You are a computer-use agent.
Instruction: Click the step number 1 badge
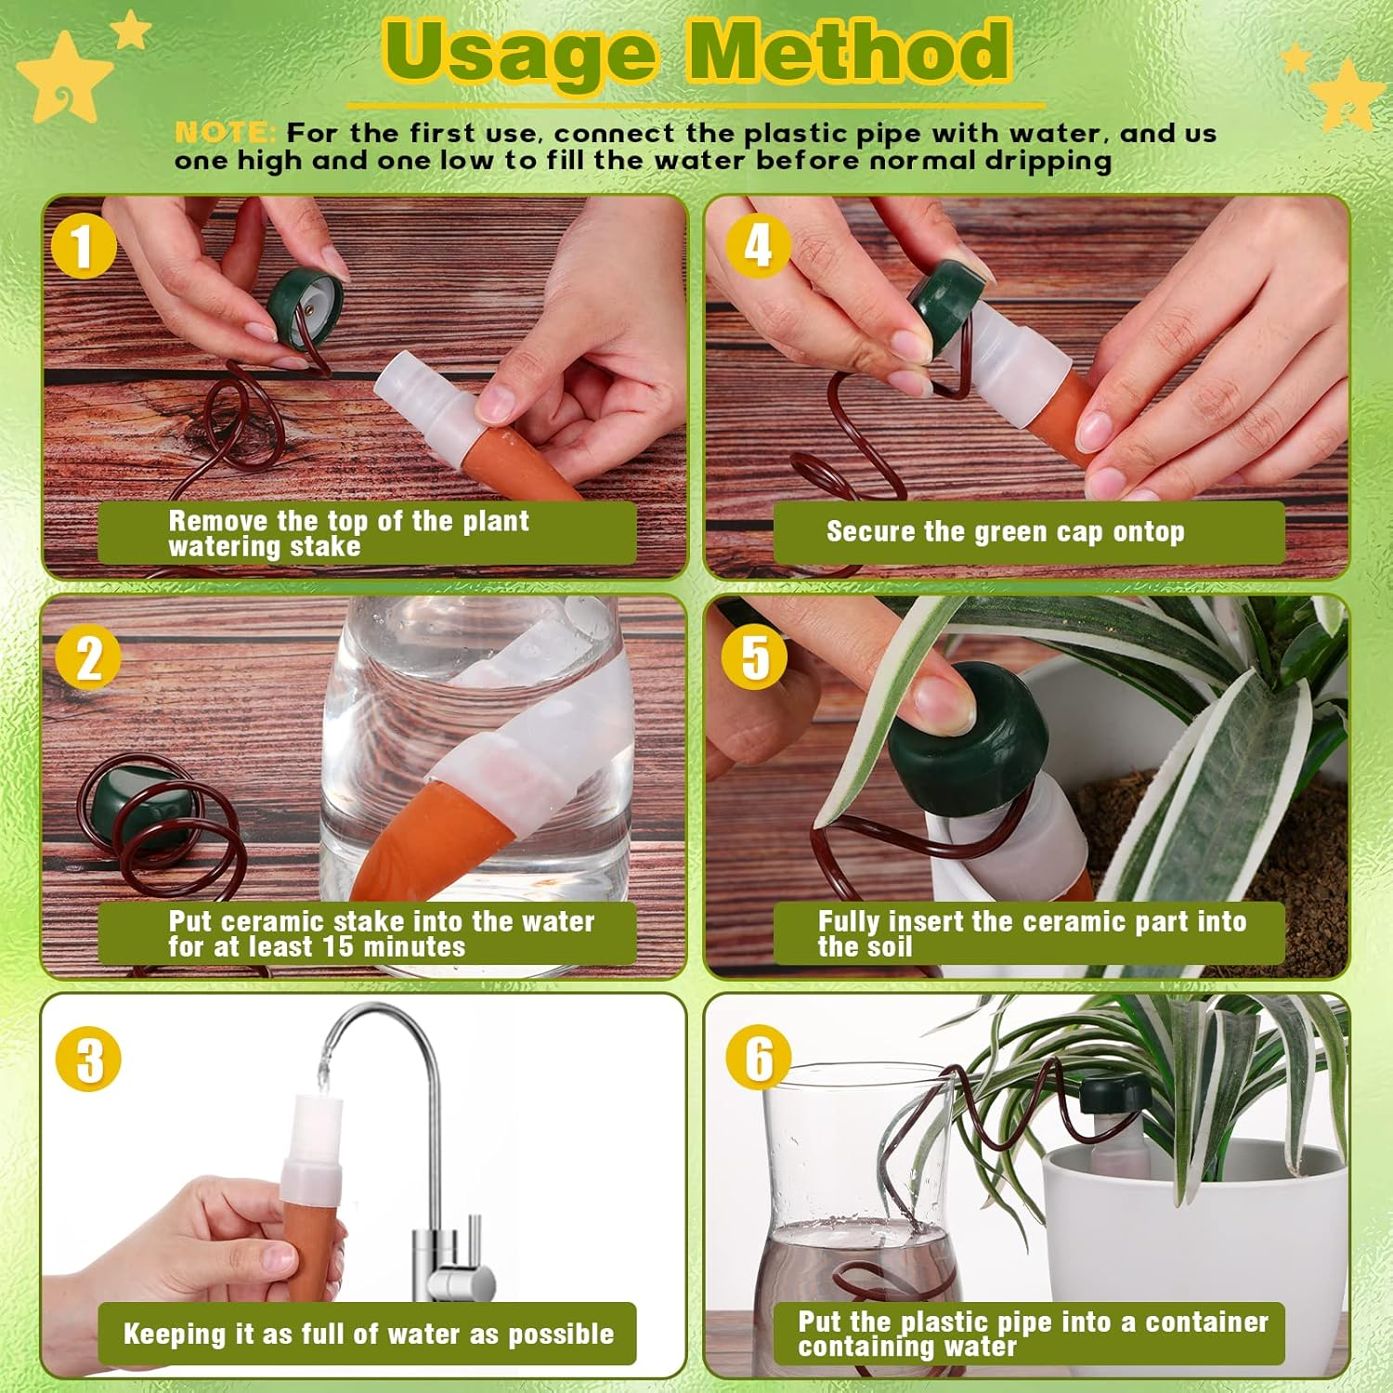click(84, 246)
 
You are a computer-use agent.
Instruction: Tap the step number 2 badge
click(88, 658)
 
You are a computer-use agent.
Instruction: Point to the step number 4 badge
click(758, 245)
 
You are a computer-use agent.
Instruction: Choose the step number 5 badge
click(754, 657)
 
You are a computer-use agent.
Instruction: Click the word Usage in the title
click(520, 53)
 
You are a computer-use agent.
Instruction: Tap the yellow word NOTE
click(224, 134)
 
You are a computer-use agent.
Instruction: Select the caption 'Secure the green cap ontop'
click(1005, 532)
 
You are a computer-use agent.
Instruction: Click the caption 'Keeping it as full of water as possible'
click(368, 1334)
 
